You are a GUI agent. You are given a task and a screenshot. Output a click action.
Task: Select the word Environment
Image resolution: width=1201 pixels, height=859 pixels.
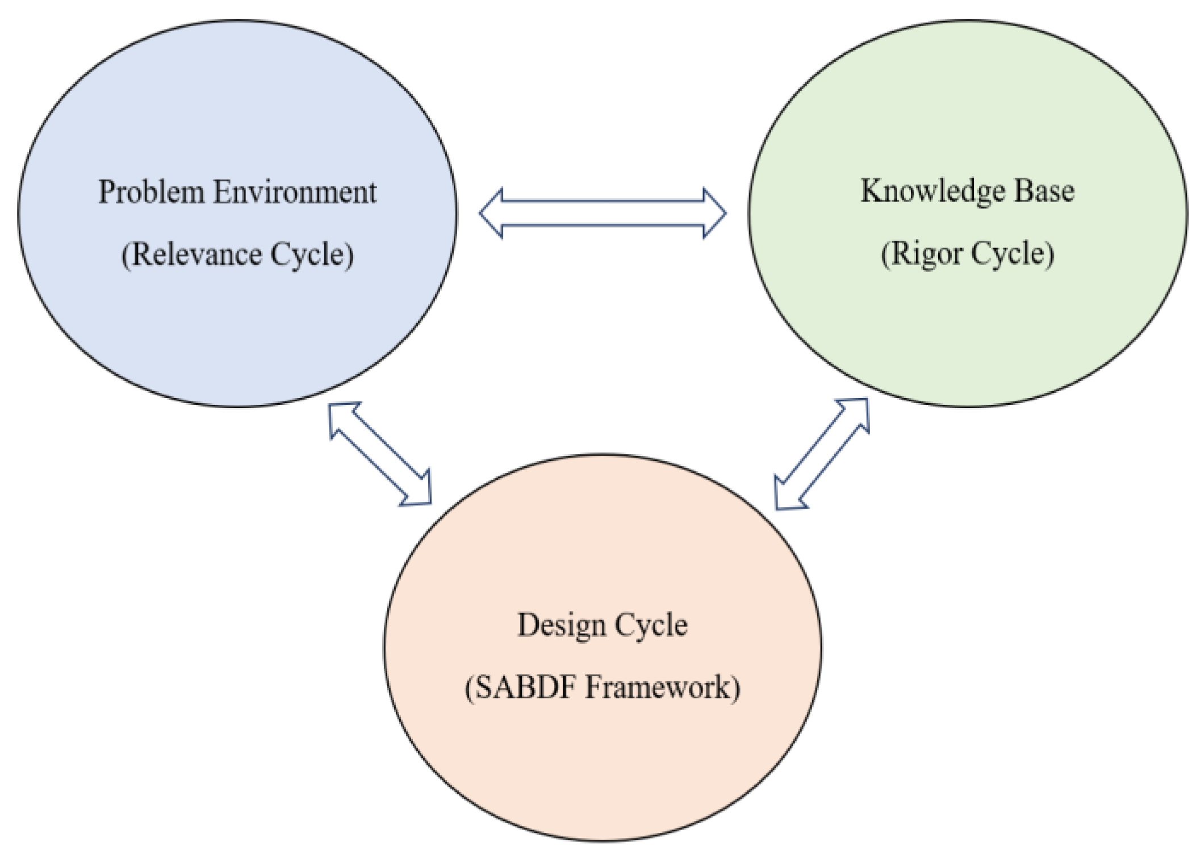(295, 192)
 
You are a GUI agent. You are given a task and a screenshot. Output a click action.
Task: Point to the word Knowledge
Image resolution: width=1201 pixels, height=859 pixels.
(933, 191)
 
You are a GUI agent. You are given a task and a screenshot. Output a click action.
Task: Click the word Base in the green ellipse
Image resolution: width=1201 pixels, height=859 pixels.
(1044, 191)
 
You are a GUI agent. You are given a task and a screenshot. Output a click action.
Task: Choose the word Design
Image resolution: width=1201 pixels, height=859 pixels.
(561, 625)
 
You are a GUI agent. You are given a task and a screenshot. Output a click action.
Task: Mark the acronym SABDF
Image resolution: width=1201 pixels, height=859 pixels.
(525, 688)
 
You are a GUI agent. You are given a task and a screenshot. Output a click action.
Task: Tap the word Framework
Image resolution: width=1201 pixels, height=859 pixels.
(656, 688)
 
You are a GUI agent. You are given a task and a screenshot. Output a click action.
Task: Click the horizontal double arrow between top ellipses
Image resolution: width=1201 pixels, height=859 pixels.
(602, 213)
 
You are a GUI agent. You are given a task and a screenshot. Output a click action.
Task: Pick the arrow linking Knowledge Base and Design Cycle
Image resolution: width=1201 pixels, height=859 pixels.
(822, 454)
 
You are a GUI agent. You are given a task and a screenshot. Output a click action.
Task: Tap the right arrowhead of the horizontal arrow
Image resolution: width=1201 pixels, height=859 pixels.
(714, 213)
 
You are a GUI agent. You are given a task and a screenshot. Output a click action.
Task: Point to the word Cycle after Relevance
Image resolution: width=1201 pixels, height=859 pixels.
(308, 254)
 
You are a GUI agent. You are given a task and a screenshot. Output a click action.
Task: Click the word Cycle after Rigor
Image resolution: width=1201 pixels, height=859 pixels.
(1008, 253)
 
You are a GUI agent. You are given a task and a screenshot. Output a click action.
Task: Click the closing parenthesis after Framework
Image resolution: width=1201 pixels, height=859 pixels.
(736, 688)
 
